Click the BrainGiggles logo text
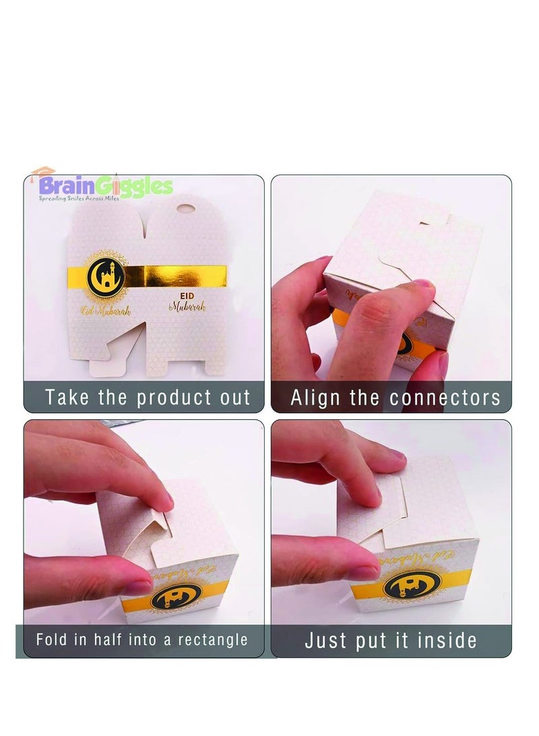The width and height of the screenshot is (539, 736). click(106, 185)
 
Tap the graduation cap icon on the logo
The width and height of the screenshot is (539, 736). click(44, 173)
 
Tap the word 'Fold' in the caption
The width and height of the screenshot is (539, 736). click(51, 639)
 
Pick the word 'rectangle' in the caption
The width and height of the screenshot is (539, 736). click(211, 639)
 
